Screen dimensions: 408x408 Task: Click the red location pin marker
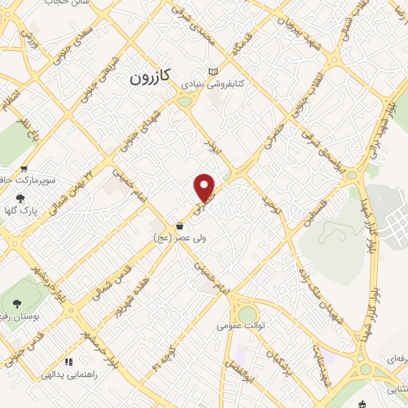(205, 187)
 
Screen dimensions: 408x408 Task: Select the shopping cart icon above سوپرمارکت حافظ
(25, 169)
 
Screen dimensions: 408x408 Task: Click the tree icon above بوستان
(16, 303)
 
